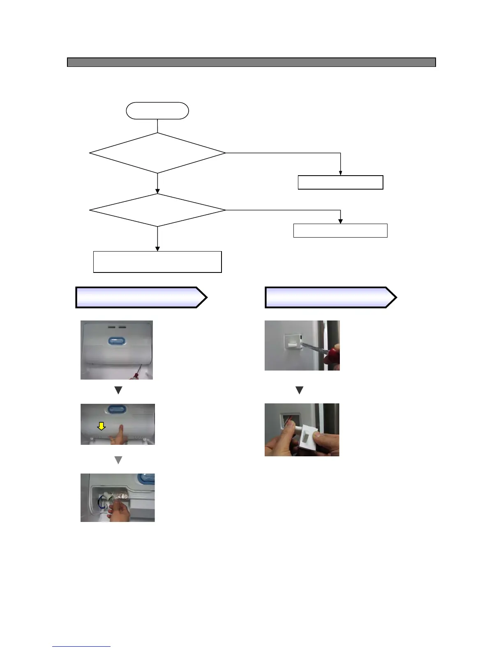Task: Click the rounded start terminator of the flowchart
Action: (x=157, y=111)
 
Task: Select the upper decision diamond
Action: (x=157, y=153)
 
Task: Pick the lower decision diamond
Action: (x=157, y=210)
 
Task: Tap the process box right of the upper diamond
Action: (x=340, y=182)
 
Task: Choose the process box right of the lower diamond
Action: (x=340, y=231)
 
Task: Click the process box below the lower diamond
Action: (x=157, y=262)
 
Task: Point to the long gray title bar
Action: (x=251, y=62)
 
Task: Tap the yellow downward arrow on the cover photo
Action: (x=101, y=426)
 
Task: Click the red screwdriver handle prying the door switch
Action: (x=332, y=355)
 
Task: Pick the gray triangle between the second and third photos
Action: (x=118, y=460)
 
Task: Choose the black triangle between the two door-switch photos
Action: (x=299, y=390)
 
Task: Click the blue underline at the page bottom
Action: (x=81, y=647)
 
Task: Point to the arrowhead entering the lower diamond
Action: (x=157, y=191)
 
